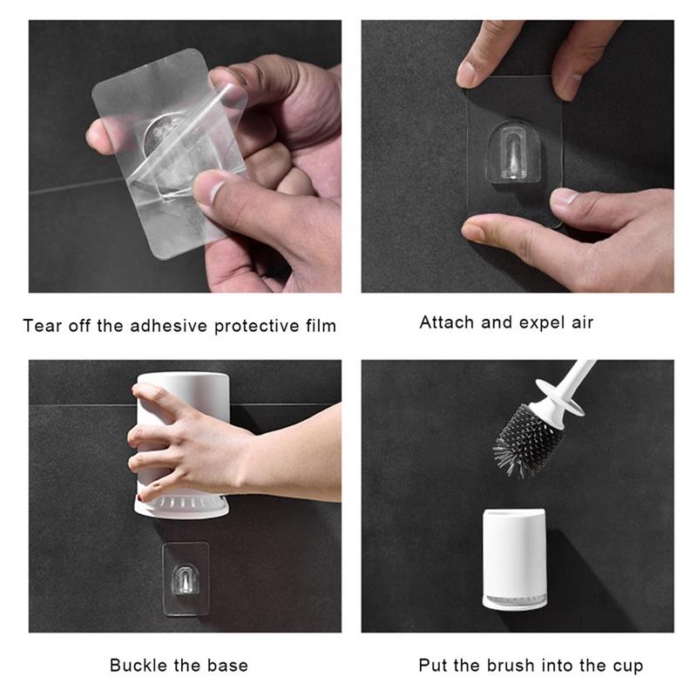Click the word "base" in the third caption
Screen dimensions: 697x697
(227, 666)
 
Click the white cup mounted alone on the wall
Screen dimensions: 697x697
(514, 559)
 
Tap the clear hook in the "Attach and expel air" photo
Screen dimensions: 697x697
(514, 152)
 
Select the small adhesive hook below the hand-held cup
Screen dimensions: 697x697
(185, 579)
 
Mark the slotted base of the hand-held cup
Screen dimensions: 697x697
(181, 506)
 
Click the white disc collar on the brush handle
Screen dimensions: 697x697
(560, 397)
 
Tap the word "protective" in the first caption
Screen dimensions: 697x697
(256, 327)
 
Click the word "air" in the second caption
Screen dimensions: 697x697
(582, 322)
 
